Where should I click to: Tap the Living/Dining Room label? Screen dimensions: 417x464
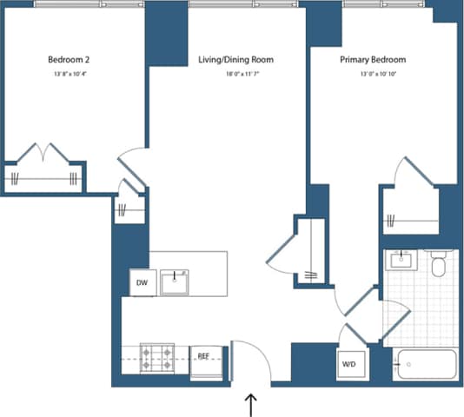point(229,60)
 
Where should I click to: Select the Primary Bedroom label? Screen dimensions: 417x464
point(372,60)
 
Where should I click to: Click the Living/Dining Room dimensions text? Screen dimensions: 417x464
point(229,76)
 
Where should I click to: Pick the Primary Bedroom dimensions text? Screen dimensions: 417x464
point(372,76)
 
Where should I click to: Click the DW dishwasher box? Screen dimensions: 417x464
point(141,282)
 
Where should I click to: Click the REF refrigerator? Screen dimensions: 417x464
point(203,356)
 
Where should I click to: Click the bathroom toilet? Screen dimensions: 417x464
point(439,264)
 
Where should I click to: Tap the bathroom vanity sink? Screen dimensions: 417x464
point(401,260)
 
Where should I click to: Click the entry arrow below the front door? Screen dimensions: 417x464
point(251,403)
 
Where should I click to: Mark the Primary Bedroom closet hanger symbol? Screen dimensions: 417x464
point(391,219)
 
